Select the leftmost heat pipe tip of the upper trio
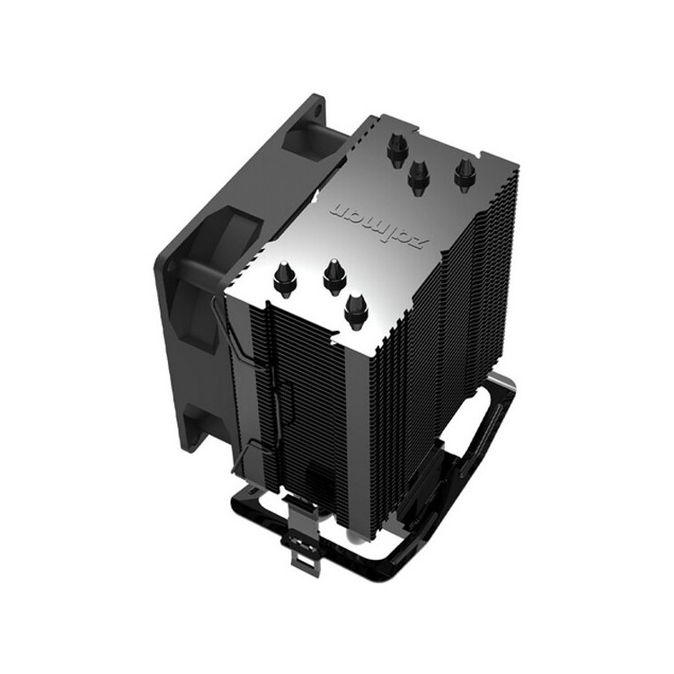click(x=396, y=151)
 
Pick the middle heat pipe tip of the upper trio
click(x=417, y=177)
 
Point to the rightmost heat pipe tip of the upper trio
click(x=464, y=175)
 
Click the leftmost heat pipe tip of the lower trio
click(x=285, y=279)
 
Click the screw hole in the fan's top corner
click(x=318, y=109)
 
